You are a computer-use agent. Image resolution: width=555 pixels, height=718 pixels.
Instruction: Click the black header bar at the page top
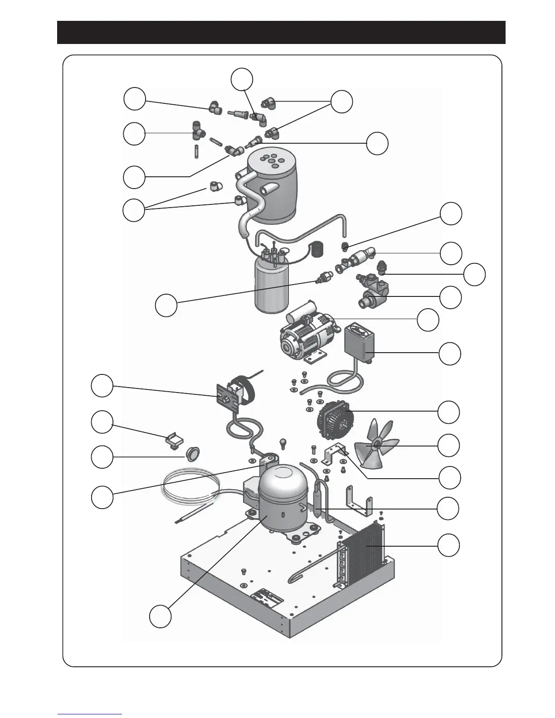(281, 32)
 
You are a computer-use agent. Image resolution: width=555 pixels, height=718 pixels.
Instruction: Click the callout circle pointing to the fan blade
(449, 446)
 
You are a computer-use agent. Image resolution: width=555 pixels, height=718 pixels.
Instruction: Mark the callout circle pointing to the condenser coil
(448, 545)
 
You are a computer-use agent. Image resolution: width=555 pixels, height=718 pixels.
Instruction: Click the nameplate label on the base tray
(268, 597)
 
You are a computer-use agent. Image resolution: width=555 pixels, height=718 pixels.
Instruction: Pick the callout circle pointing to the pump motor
(428, 320)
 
